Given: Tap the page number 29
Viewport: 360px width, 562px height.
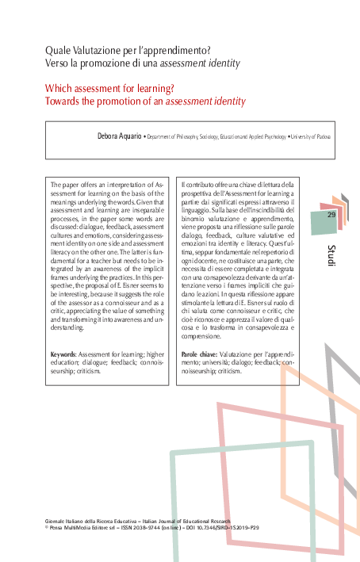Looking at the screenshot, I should click(331, 215).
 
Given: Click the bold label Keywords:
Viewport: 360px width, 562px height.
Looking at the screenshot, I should click(63, 354).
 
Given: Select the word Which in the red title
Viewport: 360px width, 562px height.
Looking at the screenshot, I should click(58, 88).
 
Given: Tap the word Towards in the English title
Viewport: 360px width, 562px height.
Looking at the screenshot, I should click(63, 101).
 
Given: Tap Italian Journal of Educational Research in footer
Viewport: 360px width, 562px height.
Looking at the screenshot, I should click(199, 518).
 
